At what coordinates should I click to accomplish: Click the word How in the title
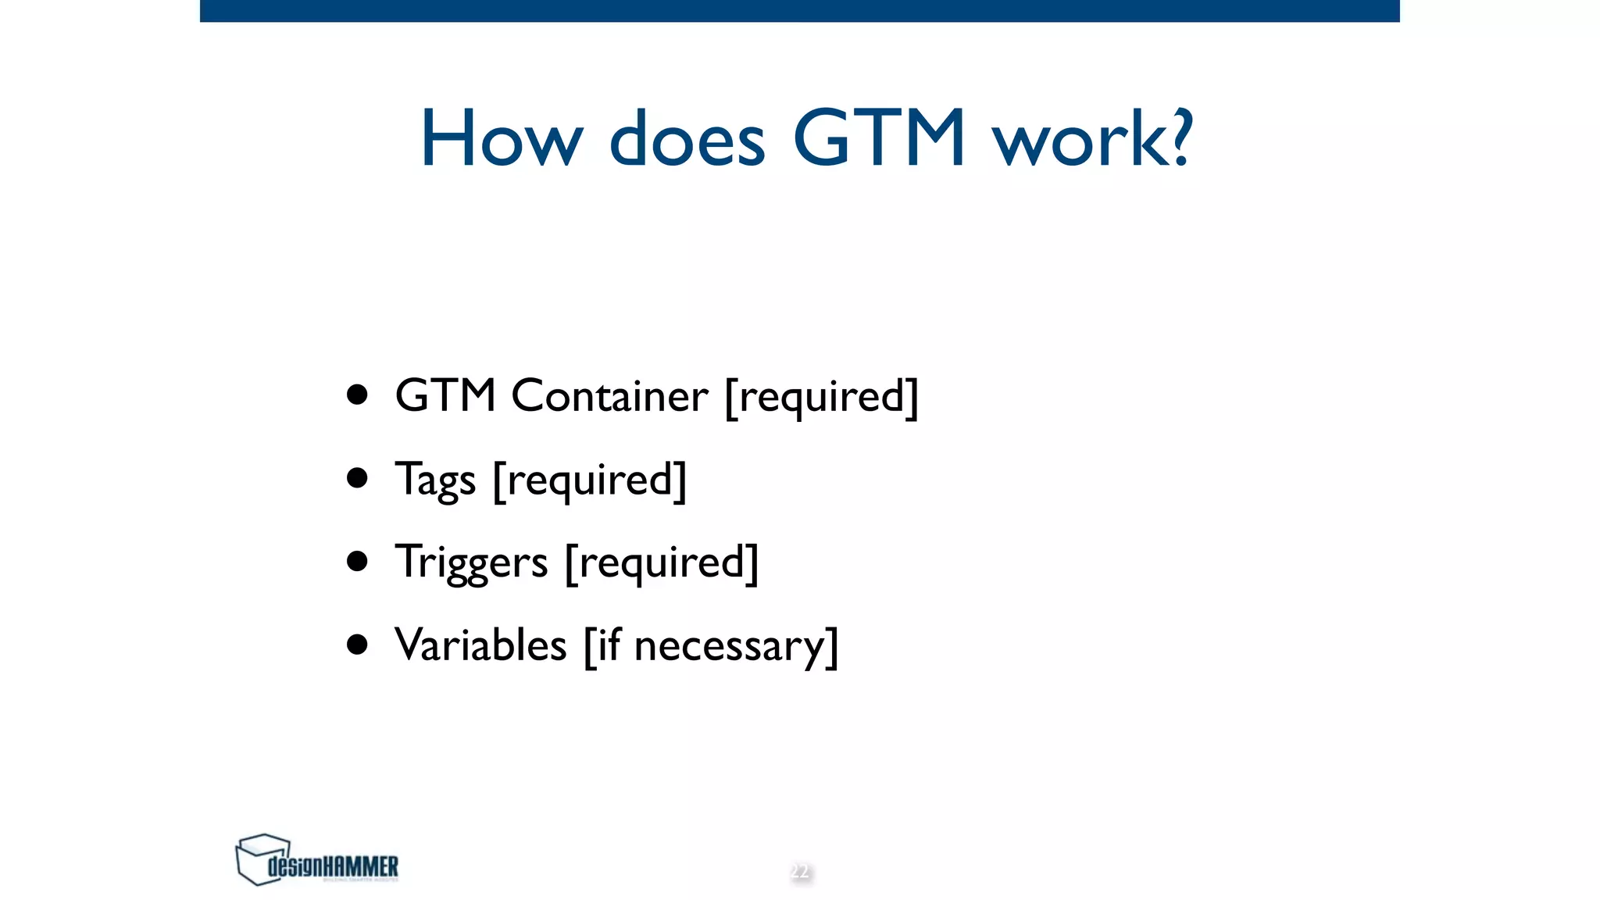point(501,139)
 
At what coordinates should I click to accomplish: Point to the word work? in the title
point(1092,139)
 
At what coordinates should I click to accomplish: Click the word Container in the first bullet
point(609,396)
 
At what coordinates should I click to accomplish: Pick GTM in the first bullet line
point(445,395)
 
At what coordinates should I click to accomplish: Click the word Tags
point(435,480)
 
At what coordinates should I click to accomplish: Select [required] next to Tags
point(590,480)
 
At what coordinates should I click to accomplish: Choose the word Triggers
point(471,563)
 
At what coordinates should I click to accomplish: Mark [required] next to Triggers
point(662,563)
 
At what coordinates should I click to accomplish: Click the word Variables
point(480,645)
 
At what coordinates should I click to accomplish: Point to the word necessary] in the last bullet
point(736,648)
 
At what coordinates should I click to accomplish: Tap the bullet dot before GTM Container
point(357,395)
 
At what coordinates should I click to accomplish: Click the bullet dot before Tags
point(357,478)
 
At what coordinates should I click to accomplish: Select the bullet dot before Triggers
point(357,561)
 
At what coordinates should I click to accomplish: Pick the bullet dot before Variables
point(357,645)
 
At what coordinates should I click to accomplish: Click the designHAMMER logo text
point(333,866)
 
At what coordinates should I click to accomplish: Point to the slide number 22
point(800,871)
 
